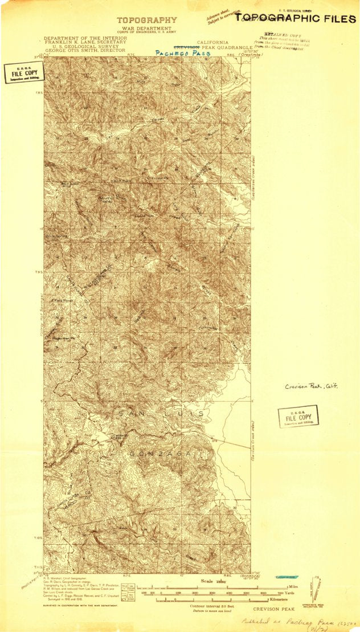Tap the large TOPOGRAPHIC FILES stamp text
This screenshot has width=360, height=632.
[296, 18]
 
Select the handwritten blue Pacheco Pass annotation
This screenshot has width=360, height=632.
[179, 52]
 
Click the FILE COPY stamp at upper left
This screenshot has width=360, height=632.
[22, 74]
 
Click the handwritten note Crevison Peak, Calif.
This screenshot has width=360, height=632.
[312, 386]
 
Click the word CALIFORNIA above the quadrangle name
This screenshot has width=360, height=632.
[212, 43]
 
